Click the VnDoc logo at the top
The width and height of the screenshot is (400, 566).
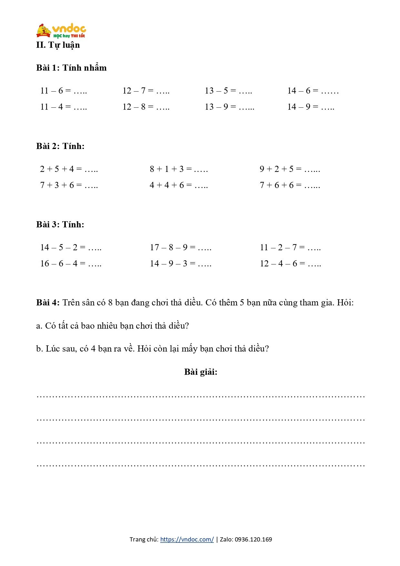[x=61, y=31]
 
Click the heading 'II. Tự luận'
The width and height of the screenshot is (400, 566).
[x=58, y=45]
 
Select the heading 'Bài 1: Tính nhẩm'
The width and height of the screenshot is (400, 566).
[x=71, y=68]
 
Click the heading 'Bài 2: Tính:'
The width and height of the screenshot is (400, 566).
[x=60, y=146]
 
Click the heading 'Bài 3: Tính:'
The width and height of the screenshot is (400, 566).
[x=60, y=224]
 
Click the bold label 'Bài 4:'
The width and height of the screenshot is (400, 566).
[x=48, y=303]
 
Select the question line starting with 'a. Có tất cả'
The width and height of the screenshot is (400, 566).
[x=112, y=326]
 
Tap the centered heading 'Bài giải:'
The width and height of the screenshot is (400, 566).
[x=201, y=372]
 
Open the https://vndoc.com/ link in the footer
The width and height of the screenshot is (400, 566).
[x=187, y=539]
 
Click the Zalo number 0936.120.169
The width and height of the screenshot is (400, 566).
[x=253, y=539]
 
